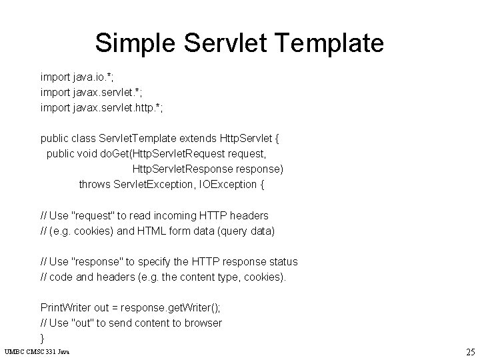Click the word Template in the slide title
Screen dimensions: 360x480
(x=330, y=43)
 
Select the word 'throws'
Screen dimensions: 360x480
(x=94, y=184)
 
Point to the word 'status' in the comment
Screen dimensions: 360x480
(x=282, y=261)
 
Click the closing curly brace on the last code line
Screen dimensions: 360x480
(x=43, y=338)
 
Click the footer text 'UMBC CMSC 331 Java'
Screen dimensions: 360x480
(x=37, y=351)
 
